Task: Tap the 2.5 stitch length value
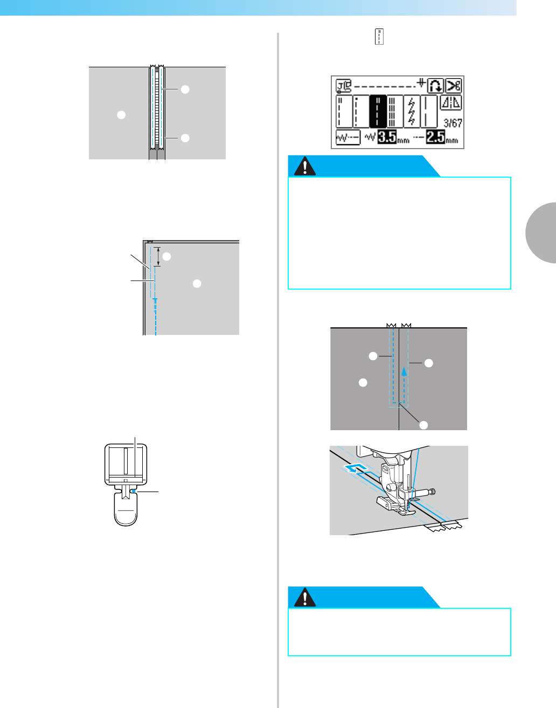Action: pyautogui.click(x=436, y=138)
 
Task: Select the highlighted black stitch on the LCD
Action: pyautogui.click(x=378, y=112)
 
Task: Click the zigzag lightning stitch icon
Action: pyautogui.click(x=412, y=111)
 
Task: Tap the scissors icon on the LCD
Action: pyautogui.click(x=454, y=86)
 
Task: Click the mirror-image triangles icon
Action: pyautogui.click(x=451, y=103)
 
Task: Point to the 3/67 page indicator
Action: pyautogui.click(x=453, y=123)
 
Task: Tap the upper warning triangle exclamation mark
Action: pyautogui.click(x=305, y=167)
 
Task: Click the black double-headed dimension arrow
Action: pyautogui.click(x=157, y=256)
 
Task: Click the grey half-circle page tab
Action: pyautogui.click(x=541, y=232)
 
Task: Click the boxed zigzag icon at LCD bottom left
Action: pyautogui.click(x=347, y=138)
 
